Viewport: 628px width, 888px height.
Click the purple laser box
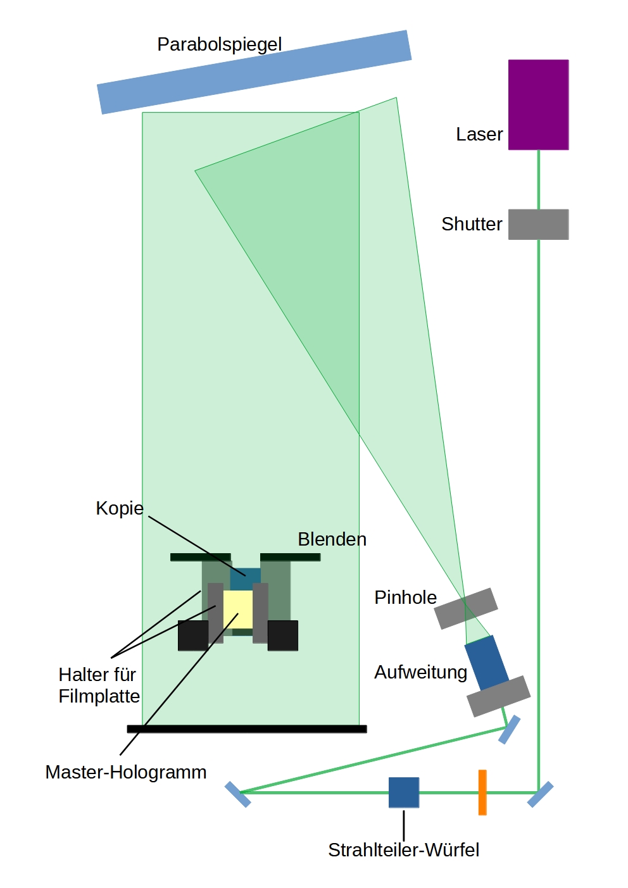coord(538,104)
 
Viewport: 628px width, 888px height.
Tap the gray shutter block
coord(538,224)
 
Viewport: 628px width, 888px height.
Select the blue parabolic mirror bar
coord(254,72)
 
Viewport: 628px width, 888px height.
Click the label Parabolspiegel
coord(219,44)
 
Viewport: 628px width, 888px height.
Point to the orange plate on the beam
coord(482,792)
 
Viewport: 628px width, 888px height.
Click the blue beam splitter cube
coord(404,792)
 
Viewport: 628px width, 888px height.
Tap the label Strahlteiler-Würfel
coord(403,849)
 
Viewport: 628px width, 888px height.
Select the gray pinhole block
coord(466,608)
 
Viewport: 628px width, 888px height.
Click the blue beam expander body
coord(486,662)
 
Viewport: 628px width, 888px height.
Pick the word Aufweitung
coord(420,672)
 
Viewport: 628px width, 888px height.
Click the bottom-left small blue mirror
coord(238,794)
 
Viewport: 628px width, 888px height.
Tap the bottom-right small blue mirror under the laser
coord(540,794)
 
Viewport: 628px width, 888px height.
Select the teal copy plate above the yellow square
coord(246,578)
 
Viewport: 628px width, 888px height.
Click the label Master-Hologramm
coord(126,772)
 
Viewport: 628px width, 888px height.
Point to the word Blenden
coord(332,539)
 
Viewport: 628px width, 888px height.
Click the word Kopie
coord(120,508)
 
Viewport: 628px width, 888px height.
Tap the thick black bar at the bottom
coord(247,729)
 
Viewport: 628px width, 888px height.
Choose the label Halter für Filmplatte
coord(99,685)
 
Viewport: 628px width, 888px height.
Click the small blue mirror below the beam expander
coord(510,729)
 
